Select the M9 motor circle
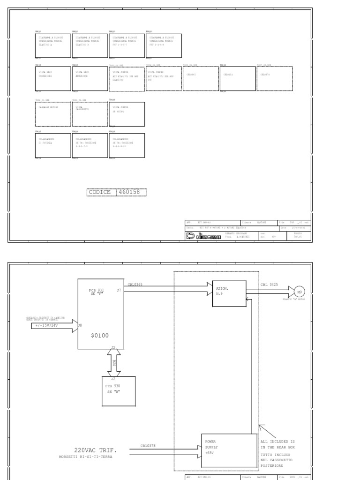[299, 291]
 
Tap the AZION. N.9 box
[229, 294]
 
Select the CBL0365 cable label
[135, 285]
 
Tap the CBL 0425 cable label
[270, 285]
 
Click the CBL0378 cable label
[149, 445]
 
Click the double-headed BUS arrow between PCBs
[113, 362]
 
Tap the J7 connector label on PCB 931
[119, 291]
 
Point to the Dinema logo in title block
[210, 237]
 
